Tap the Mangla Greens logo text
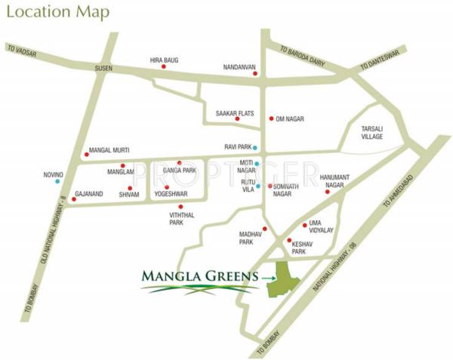199,277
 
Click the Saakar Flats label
232,113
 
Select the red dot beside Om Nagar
271,118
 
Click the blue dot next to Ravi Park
255,146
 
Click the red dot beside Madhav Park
265,228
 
